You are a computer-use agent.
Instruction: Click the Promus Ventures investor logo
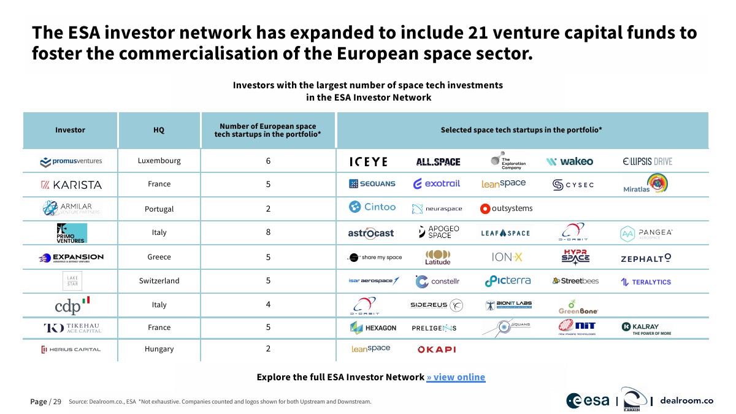click(x=71, y=161)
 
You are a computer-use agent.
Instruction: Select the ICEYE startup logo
click(x=368, y=162)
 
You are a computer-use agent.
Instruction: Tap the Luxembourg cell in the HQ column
click(x=159, y=161)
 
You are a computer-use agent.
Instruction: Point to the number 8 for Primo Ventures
click(x=268, y=232)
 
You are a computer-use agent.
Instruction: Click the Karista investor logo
click(x=71, y=185)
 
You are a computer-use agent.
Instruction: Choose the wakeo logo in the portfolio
click(x=570, y=161)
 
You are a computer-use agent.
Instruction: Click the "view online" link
click(x=456, y=377)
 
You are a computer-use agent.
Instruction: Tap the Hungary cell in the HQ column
click(x=159, y=349)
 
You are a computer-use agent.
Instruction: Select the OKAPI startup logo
click(x=436, y=350)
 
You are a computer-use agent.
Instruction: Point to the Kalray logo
click(x=646, y=329)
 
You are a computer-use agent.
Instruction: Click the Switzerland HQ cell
click(x=159, y=281)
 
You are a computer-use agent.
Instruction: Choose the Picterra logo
click(x=508, y=281)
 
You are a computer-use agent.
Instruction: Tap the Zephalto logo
click(x=646, y=258)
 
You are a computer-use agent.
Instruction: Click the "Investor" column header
click(x=70, y=130)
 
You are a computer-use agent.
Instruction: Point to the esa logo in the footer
click(x=588, y=401)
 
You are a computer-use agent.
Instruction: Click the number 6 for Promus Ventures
click(x=268, y=161)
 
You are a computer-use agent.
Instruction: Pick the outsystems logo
click(x=507, y=209)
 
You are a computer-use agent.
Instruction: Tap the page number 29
click(x=57, y=402)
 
